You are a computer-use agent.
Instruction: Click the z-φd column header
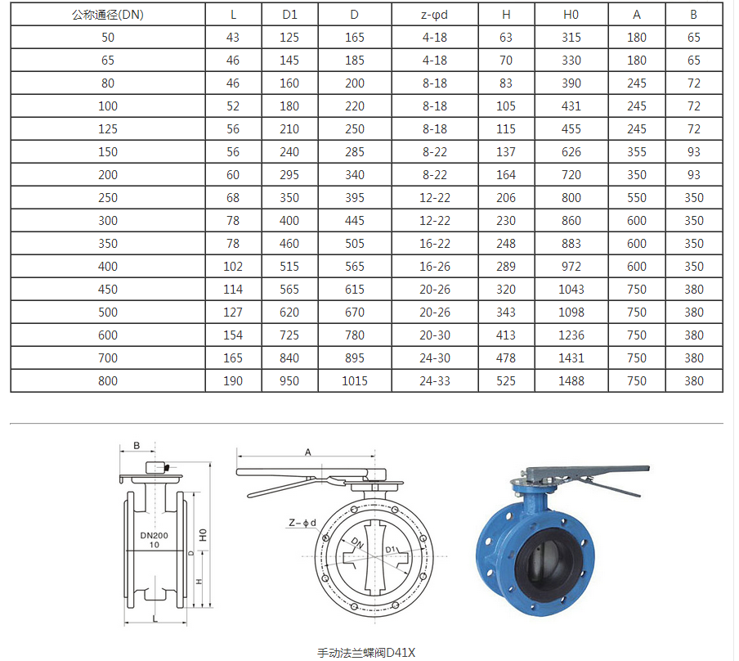tap(434, 15)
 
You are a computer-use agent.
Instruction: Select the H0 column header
tap(571, 15)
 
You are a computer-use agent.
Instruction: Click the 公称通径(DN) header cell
tap(108, 15)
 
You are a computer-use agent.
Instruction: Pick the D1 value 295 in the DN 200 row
tap(289, 174)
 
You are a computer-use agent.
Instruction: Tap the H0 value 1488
tap(571, 380)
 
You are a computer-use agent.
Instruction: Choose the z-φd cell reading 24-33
tap(435, 380)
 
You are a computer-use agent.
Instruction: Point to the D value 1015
tap(355, 380)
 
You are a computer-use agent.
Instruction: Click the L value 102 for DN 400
tap(233, 266)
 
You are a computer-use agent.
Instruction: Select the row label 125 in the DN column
tap(108, 128)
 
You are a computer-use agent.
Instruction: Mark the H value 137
tap(506, 152)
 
